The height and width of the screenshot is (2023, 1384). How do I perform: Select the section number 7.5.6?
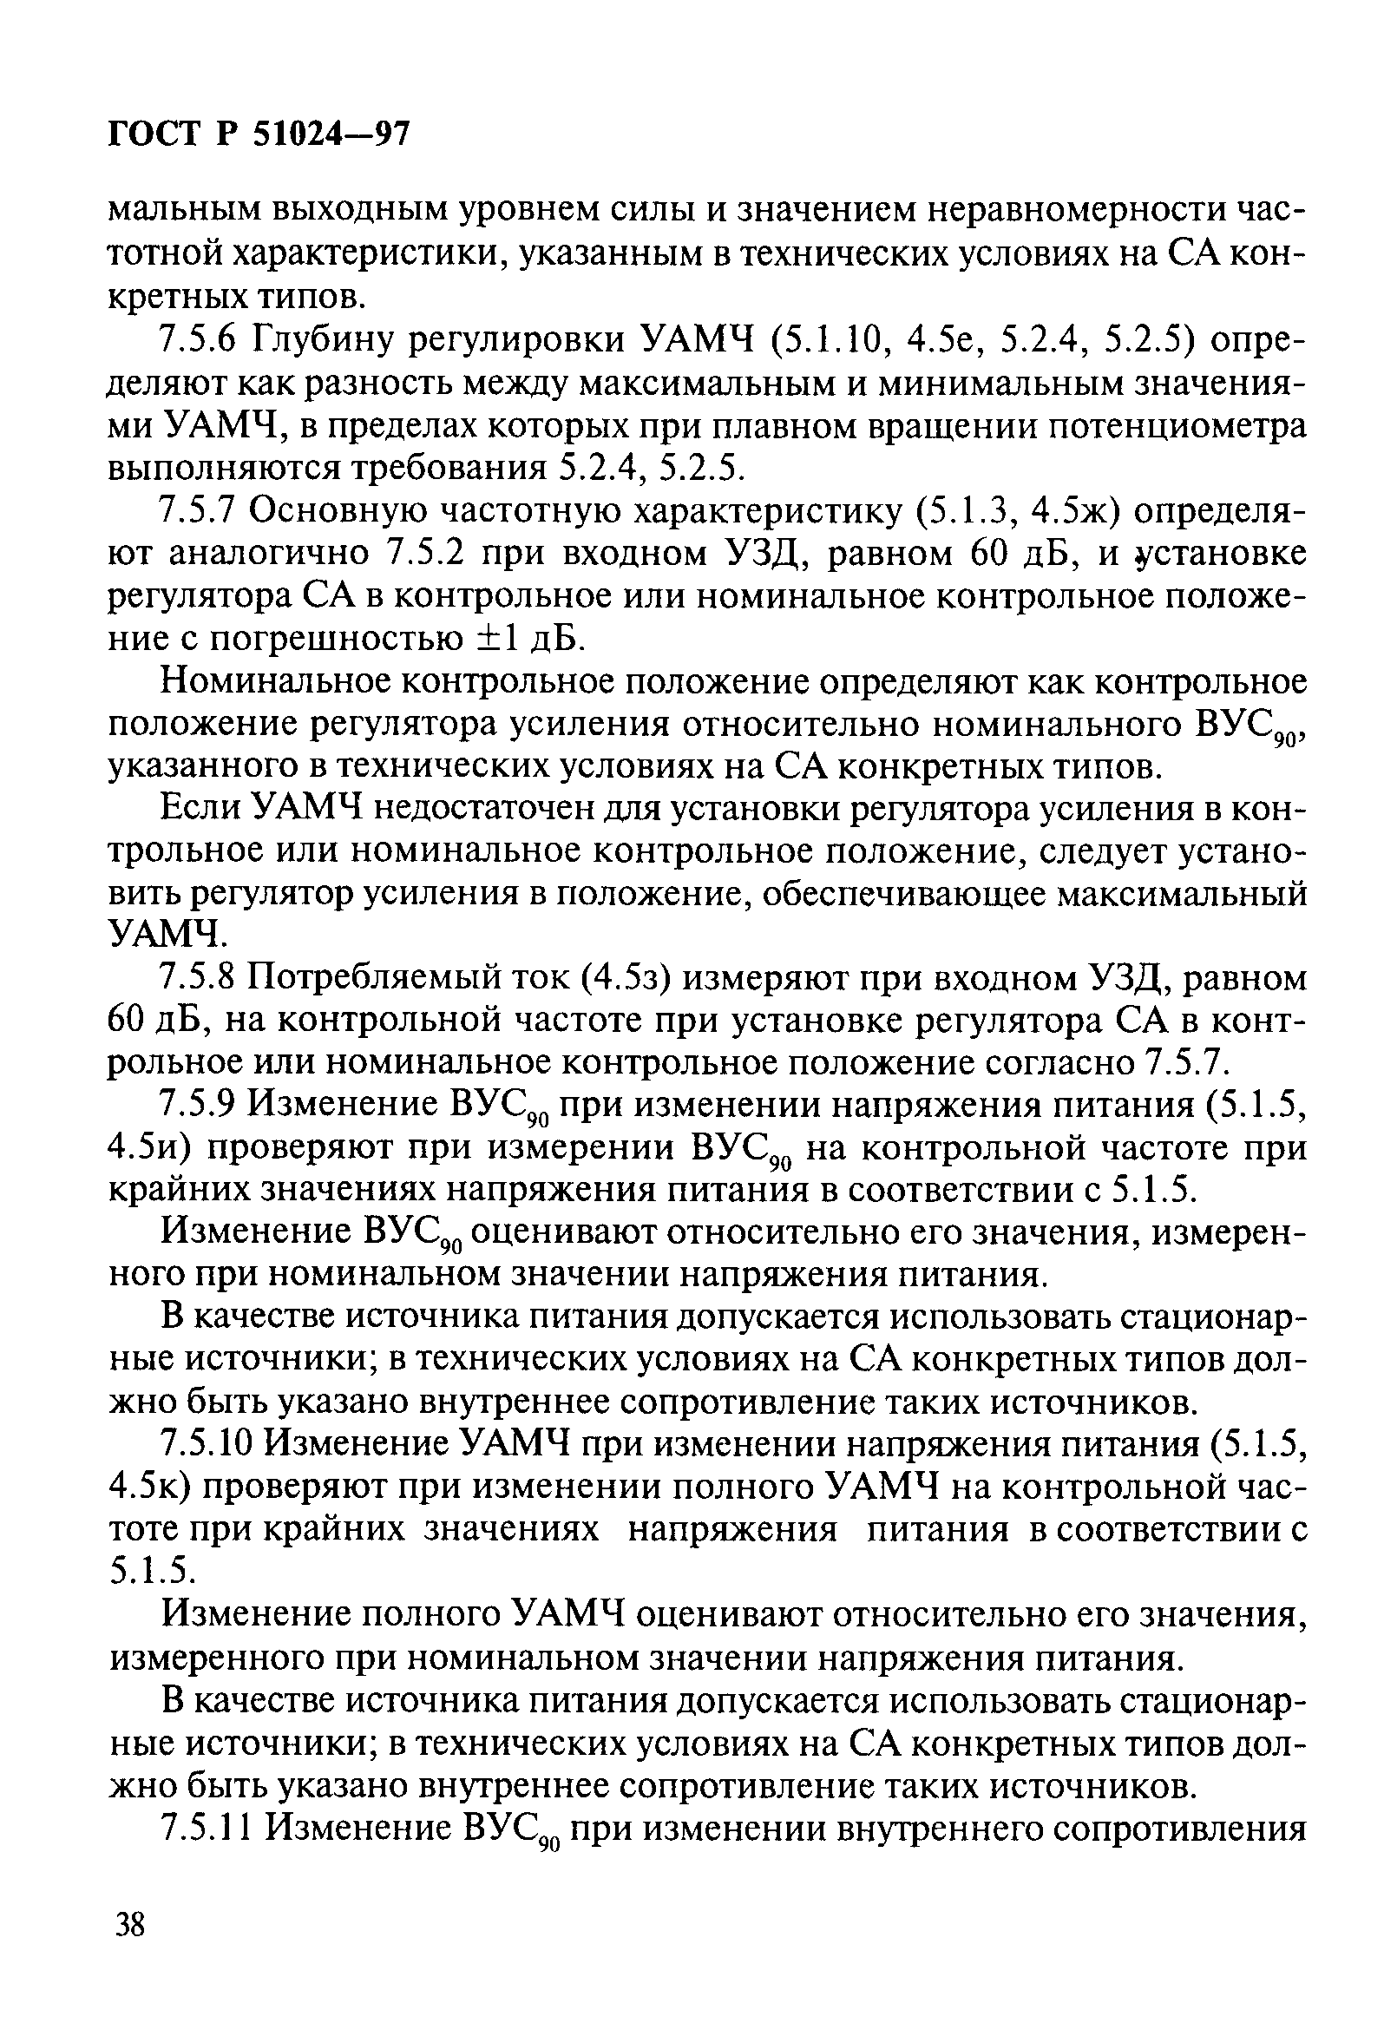198,339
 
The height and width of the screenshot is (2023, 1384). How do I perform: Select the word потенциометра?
1176,425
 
